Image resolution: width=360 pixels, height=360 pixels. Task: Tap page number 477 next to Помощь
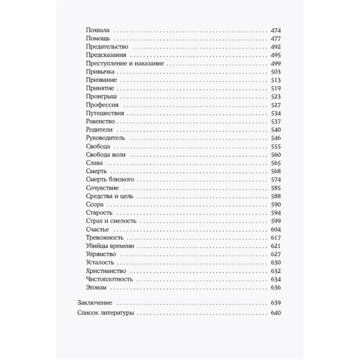coord(275,39)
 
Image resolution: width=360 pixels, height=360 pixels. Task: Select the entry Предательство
coord(108,47)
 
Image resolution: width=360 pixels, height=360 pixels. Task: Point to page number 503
coord(275,72)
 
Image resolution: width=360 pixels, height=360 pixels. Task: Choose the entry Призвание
coord(102,80)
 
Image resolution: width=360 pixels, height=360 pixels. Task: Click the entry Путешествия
coord(105,113)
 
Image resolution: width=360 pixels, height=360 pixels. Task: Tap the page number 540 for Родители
coord(275,130)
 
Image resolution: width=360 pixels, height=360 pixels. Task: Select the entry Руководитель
coord(106,138)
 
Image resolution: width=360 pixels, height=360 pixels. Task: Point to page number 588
coord(275,196)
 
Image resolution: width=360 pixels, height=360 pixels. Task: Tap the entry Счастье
coord(98,229)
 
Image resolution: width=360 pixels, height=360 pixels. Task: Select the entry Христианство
coord(106,271)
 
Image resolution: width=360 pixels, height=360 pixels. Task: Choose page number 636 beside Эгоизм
coord(275,288)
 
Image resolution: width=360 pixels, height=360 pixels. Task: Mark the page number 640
coord(275,313)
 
